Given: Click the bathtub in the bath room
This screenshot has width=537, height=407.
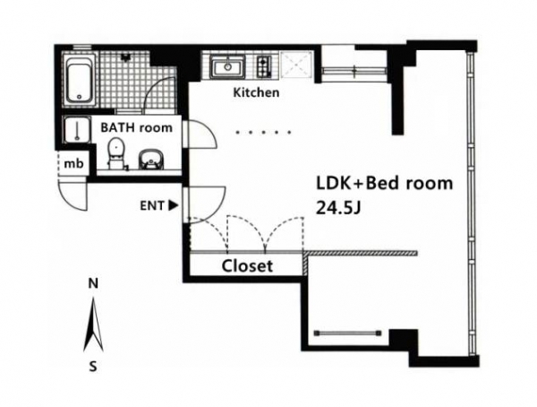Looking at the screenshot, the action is pos(80,80).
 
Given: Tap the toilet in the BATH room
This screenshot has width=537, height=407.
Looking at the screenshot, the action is pos(115,153).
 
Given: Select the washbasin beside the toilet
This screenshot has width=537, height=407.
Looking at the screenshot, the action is pos(151,160).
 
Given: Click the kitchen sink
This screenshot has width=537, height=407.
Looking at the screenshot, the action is pos(227,67).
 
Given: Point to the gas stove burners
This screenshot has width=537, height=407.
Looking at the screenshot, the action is pos(264,66).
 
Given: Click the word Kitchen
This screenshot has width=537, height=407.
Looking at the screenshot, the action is pos(256,92).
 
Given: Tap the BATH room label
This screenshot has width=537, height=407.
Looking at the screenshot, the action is pos(136,127).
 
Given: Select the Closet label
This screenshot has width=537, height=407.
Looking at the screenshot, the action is pos(247,266).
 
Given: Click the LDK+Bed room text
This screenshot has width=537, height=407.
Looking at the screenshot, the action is pos(384,183).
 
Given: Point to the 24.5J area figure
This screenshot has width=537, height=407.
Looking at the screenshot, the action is pos(338,207).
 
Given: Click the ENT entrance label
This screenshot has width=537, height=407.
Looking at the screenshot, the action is pos(152,205).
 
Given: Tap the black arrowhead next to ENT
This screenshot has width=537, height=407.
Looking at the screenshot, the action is pos(174,205).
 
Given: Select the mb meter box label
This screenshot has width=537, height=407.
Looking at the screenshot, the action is pos(73,164).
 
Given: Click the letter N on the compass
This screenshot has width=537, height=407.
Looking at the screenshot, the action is pos(93,284).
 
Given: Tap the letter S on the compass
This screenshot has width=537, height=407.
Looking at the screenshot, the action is pos(93,367).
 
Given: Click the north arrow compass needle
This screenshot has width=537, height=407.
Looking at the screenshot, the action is pos(93,325).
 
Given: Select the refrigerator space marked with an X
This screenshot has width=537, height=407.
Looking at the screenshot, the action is pos(296,65).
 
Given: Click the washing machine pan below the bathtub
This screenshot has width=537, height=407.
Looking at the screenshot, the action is pos(77,129).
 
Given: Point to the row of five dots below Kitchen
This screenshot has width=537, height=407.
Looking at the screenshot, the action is pos(263,132).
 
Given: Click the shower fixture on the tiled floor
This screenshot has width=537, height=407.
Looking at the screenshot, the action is pos(125,56).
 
